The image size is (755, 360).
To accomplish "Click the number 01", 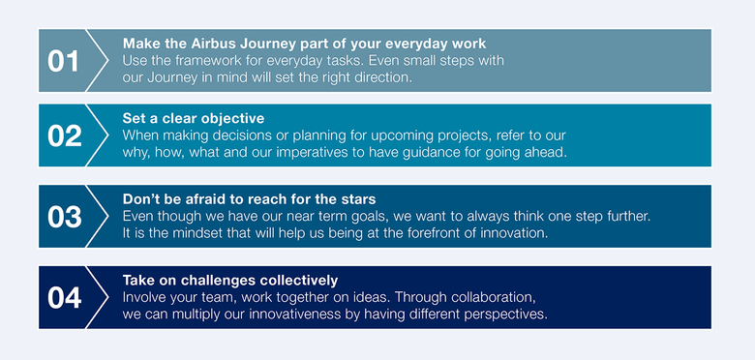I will pos(64,61).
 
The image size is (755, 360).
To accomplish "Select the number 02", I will pos(64,136).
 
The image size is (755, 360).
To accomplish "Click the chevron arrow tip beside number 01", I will pos(106,61).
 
